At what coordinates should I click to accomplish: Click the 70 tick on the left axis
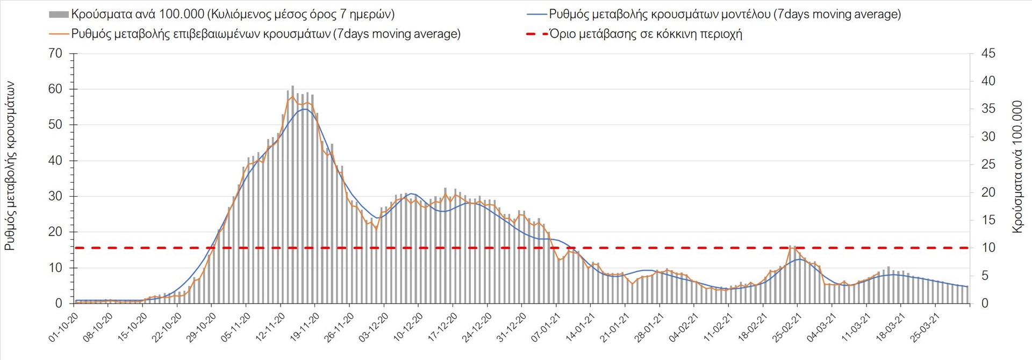pyautogui.click(x=56, y=54)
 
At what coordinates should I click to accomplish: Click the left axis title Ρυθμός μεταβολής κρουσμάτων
pyautogui.click(x=10, y=167)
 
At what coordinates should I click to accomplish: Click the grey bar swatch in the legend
pyautogui.click(x=59, y=15)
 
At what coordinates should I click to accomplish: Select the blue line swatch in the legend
pyautogui.click(x=534, y=15)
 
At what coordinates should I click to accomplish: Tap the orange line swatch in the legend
pyautogui.click(x=59, y=34)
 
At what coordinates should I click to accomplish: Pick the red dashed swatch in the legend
pyautogui.click(x=534, y=34)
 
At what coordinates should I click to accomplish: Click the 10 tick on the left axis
pyautogui.click(x=56, y=268)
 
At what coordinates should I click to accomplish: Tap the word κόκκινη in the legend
pyautogui.click(x=671, y=34)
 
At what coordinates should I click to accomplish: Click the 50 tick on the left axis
pyautogui.click(x=56, y=125)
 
